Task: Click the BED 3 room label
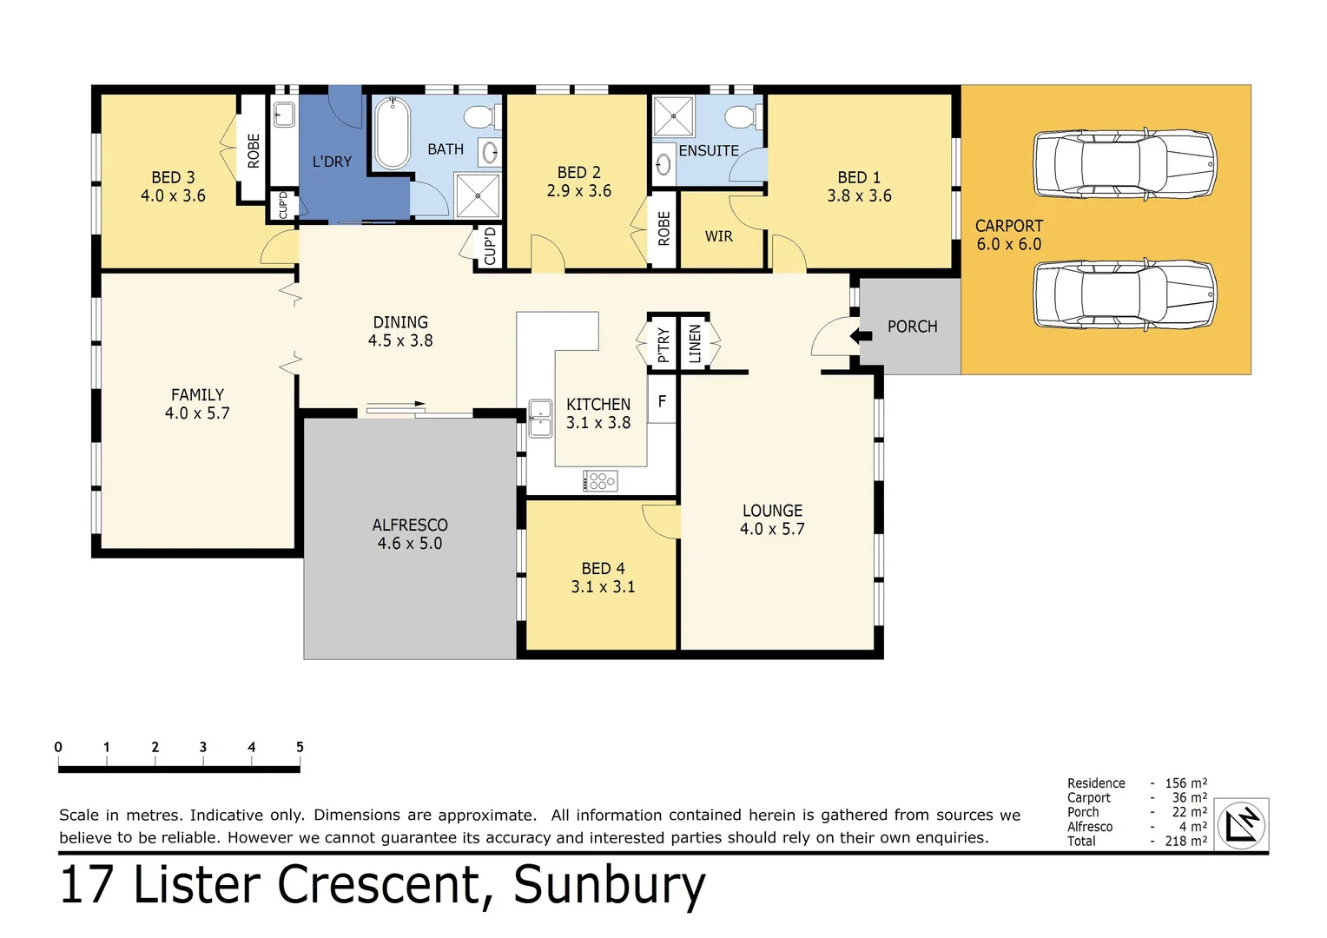pos(173,177)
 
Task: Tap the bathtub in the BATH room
pos(393,133)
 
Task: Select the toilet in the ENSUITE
pos(743,116)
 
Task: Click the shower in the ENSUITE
pos(673,116)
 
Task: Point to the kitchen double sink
pos(540,419)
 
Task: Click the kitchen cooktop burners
pos(601,480)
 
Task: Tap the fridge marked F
pos(662,401)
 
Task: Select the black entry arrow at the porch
pos(861,335)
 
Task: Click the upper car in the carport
pos(1124,164)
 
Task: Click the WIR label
pos(718,236)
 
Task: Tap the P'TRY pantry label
pos(663,344)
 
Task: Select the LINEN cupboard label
pos(695,343)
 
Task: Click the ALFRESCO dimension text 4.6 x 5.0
pos(410,544)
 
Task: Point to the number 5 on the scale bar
pos(300,747)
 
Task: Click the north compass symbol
pos(1242,824)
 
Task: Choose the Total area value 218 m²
pos(1185,841)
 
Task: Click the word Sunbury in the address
pos(609,885)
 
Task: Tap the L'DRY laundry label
pos(332,162)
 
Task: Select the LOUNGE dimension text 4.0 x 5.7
pos(772,529)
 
